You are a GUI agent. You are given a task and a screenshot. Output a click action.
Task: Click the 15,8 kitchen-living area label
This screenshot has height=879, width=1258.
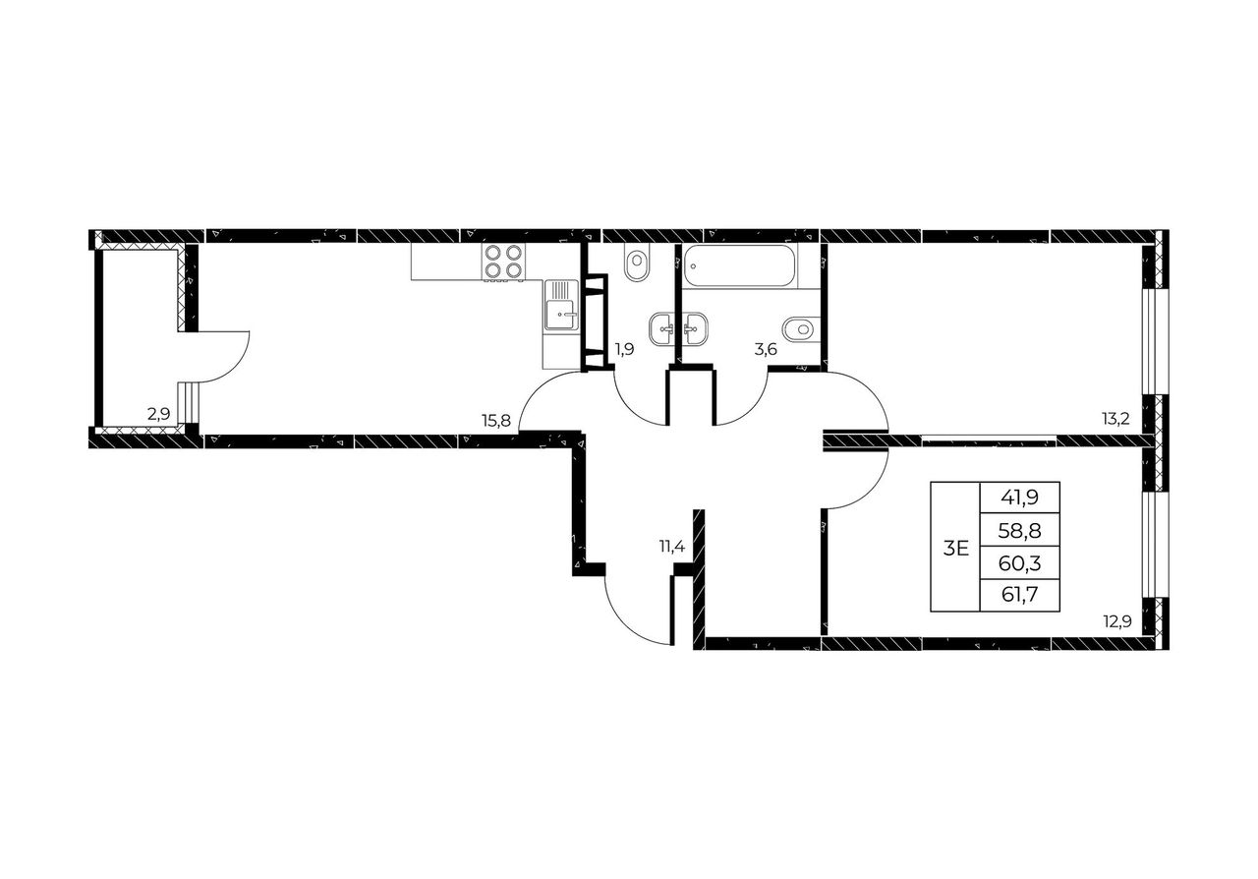[496, 420]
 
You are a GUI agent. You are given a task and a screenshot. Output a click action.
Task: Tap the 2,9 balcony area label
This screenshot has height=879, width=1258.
[158, 415]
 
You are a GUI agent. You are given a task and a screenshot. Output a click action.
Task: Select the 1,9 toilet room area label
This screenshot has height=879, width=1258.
[624, 350]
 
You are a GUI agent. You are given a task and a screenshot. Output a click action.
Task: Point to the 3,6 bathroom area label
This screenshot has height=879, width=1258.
[766, 350]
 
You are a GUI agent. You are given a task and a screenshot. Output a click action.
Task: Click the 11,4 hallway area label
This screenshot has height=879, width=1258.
[671, 546]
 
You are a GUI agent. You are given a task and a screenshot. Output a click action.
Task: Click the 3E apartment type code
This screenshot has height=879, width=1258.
[956, 548]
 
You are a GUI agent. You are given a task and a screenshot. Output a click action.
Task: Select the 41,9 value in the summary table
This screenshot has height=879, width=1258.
[1019, 498]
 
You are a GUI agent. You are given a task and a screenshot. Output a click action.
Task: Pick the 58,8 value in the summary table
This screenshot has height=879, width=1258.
[1019, 530]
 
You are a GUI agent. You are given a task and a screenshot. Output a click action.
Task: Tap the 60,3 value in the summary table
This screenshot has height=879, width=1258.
[1019, 562]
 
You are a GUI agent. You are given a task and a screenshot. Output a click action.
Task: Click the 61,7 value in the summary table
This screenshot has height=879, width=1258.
[1019, 594]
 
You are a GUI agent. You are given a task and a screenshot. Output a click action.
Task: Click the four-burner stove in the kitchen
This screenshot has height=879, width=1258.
[503, 262]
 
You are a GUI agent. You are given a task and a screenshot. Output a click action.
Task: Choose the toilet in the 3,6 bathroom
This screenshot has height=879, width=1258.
[800, 328]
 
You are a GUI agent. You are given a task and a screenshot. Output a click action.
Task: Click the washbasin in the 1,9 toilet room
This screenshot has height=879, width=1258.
[662, 328]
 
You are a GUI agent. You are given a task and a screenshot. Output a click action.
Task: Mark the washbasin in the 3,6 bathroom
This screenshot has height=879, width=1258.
[695, 328]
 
